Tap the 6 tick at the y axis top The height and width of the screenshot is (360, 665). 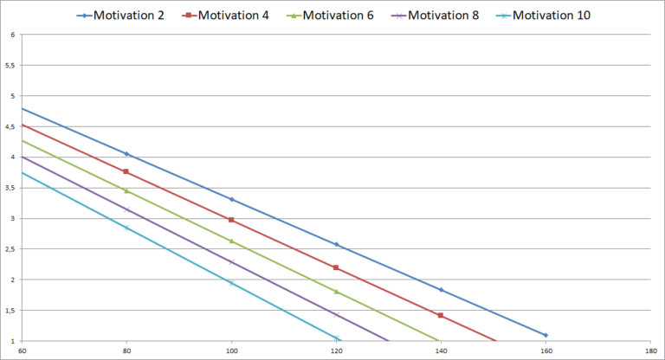pyautogui.click(x=12, y=35)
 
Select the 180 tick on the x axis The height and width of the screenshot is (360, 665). pyautogui.click(x=650, y=351)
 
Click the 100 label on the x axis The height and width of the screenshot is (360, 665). pyautogui.click(x=231, y=351)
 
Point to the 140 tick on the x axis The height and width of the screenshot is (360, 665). pyautogui.click(x=441, y=351)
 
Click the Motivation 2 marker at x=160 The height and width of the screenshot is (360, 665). pyautogui.click(x=546, y=335)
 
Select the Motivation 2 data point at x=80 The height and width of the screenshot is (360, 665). pyautogui.click(x=126, y=154)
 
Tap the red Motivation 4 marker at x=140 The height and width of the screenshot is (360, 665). pyautogui.click(x=441, y=315)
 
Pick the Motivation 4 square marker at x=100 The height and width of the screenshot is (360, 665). pyautogui.click(x=231, y=220)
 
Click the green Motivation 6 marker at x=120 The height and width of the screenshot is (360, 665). pyautogui.click(x=336, y=292)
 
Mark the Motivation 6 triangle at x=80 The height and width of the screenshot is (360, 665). pyautogui.click(x=126, y=190)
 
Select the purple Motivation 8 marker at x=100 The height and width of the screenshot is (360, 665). pyautogui.click(x=231, y=261)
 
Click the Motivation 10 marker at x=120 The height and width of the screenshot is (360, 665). pyautogui.click(x=336, y=337)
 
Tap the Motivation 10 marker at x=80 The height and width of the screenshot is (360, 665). pyautogui.click(x=126, y=228)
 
